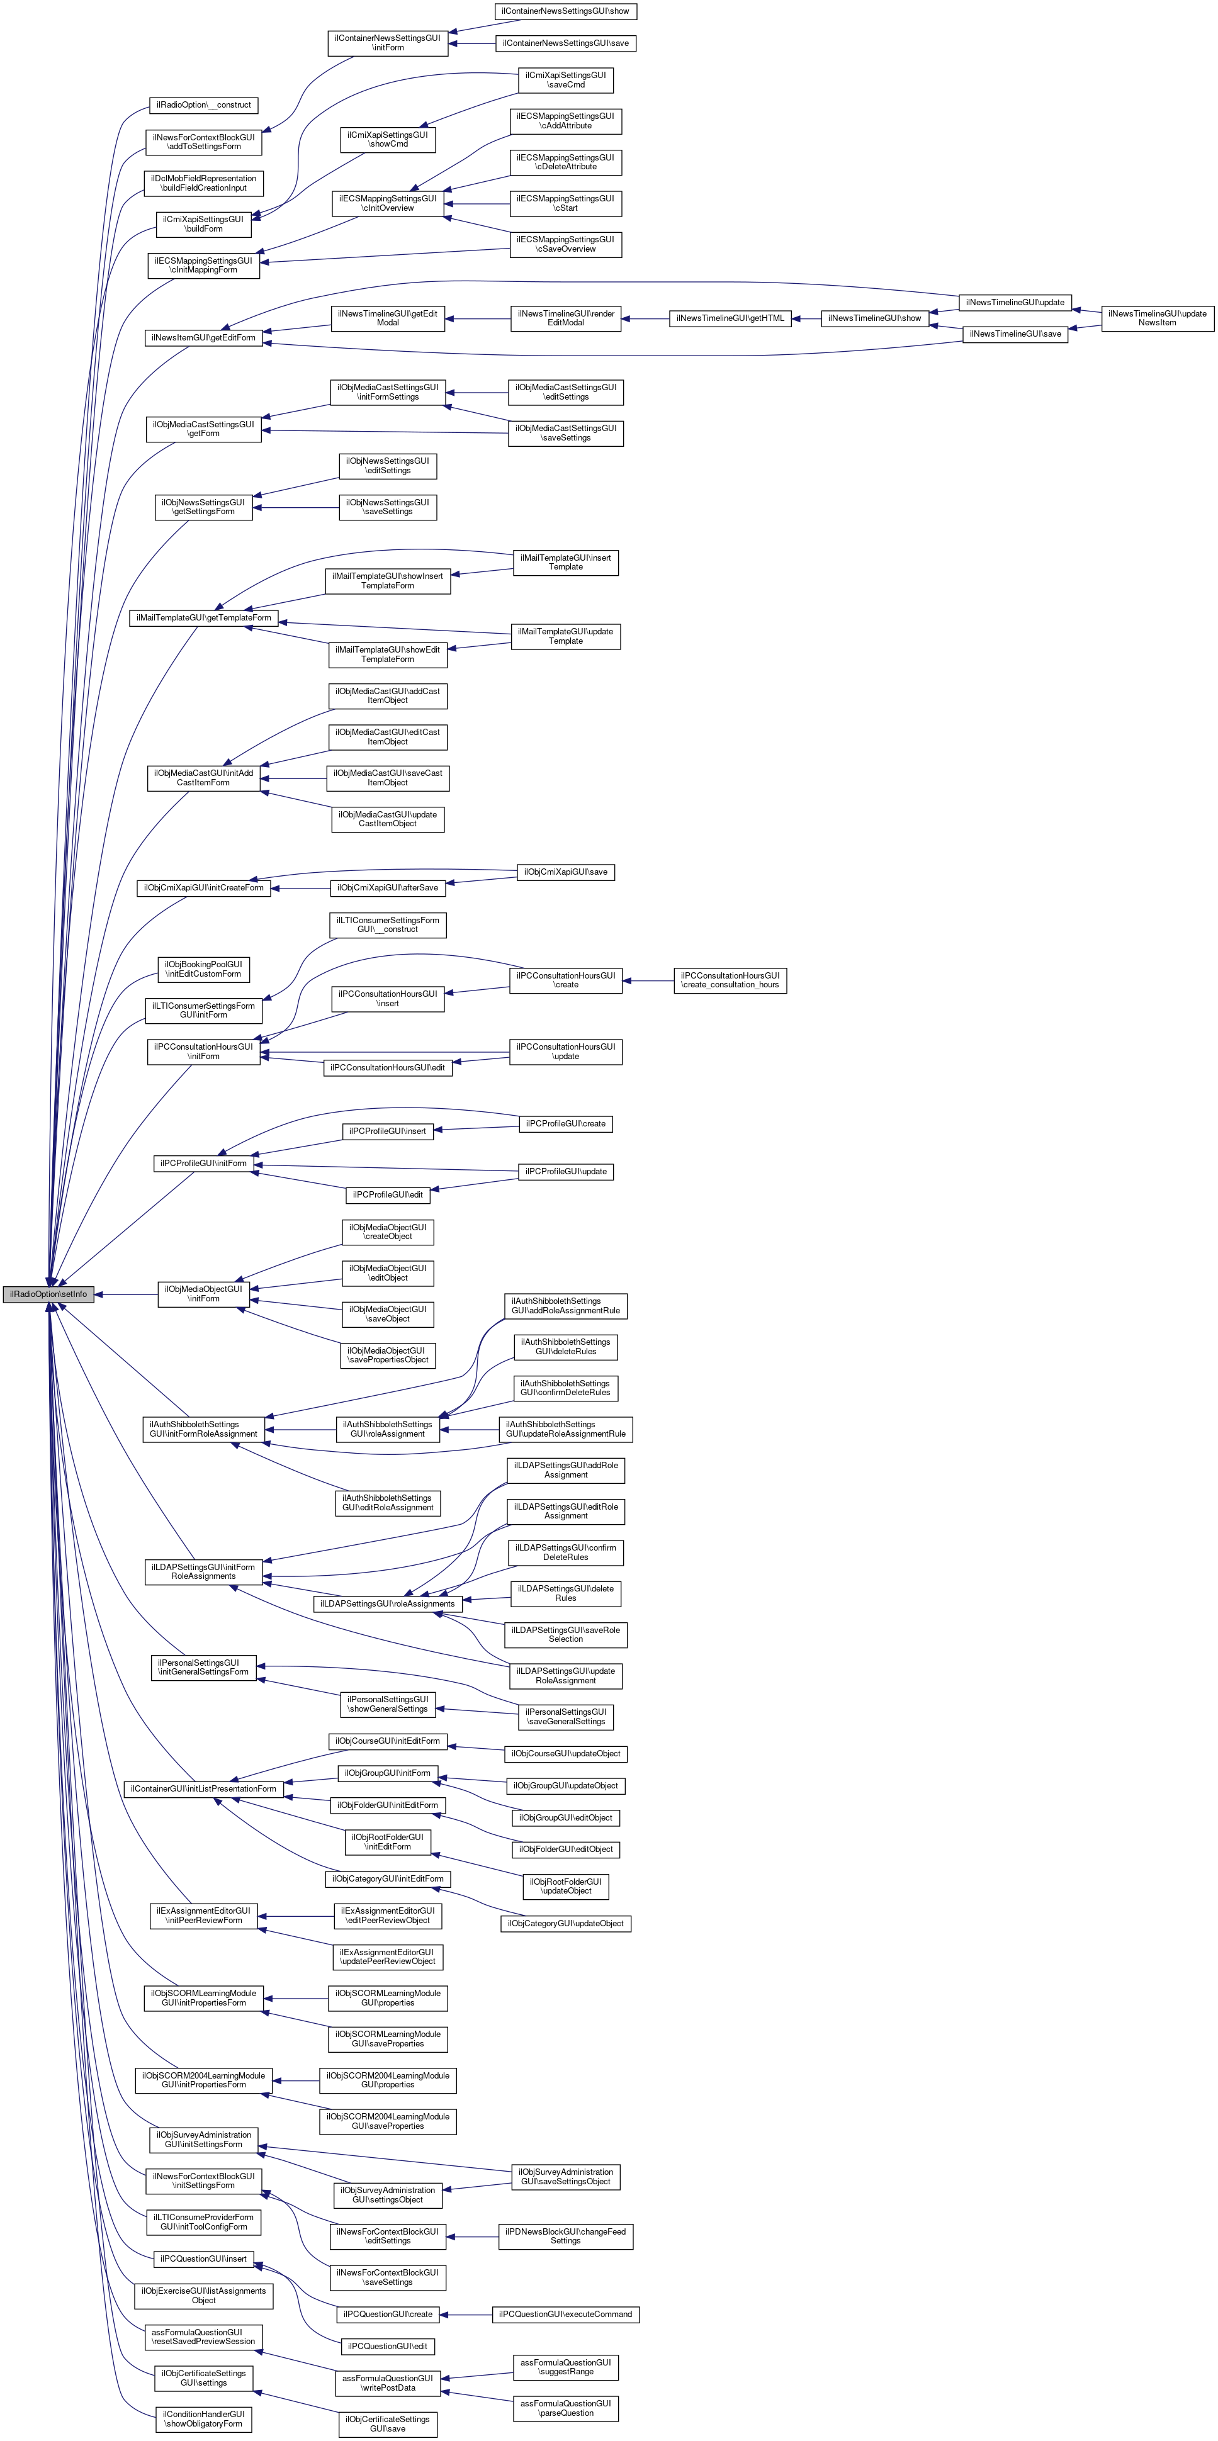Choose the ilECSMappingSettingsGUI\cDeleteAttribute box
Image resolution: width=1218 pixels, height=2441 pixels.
[x=566, y=162]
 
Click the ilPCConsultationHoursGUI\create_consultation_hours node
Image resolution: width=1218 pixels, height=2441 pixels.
[x=730, y=980]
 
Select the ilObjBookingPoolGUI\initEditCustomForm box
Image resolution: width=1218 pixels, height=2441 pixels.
[x=203, y=968]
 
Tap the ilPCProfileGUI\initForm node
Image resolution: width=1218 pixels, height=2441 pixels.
[x=203, y=1163]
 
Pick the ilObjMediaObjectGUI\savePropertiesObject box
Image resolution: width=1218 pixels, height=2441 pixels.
[x=388, y=1355]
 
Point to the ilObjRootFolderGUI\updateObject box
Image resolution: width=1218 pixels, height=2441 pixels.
[x=566, y=1886]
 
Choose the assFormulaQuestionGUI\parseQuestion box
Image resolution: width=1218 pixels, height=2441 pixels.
[x=566, y=2408]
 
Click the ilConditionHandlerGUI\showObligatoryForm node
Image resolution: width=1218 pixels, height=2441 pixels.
[x=203, y=2419]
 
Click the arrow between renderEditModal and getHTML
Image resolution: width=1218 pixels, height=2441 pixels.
[x=645, y=318]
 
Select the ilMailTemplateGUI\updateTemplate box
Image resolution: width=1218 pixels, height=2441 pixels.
[x=566, y=636]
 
